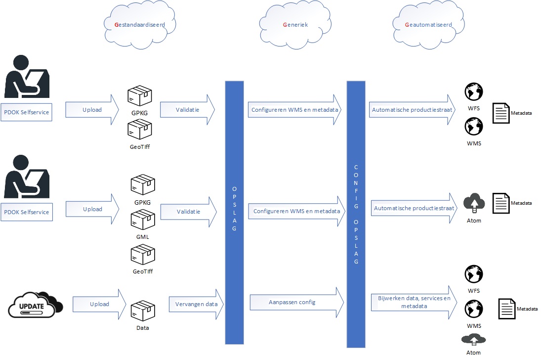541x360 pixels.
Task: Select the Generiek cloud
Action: click(x=295, y=24)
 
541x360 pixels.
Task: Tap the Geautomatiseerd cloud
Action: click(x=428, y=24)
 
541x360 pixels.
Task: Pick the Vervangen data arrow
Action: click(x=196, y=304)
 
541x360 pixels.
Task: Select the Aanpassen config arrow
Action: click(x=296, y=302)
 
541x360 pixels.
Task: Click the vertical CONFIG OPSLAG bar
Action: click(x=356, y=213)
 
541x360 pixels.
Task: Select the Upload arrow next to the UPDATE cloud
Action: click(x=99, y=304)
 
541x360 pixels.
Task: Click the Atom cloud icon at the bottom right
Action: click(x=473, y=339)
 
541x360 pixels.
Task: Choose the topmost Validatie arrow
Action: click(x=187, y=110)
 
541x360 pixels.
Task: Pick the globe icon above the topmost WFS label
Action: click(x=473, y=92)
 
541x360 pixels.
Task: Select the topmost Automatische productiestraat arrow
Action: click(x=412, y=110)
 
